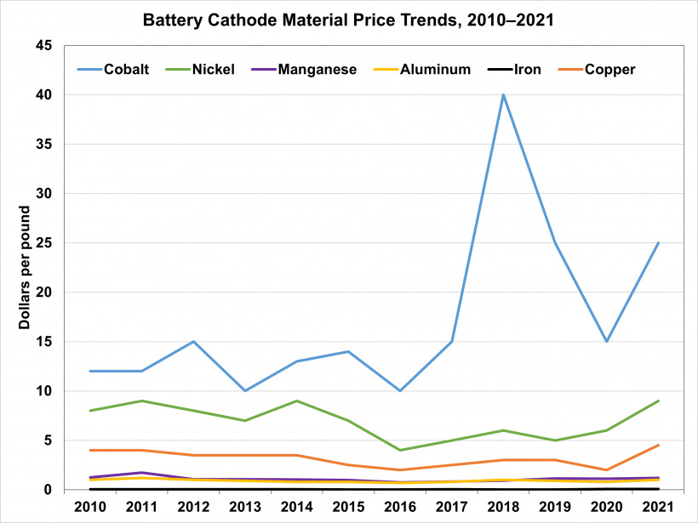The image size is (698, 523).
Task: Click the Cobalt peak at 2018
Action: [504, 95]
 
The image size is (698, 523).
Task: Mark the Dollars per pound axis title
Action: [25, 268]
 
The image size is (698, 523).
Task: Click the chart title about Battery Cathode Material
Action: [349, 20]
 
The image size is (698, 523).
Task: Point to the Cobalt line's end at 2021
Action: [659, 243]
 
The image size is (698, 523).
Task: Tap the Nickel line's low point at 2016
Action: [400, 450]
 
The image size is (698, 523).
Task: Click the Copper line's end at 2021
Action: [659, 445]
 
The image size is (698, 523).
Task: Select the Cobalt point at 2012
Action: [194, 342]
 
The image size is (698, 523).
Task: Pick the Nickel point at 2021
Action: [659, 401]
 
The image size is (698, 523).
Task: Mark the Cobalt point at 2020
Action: [607, 342]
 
